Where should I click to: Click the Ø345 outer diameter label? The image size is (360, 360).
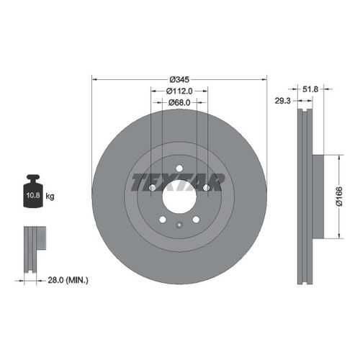click(x=179, y=79)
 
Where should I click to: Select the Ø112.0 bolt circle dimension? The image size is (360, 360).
click(x=179, y=91)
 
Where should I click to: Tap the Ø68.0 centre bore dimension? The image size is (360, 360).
click(x=179, y=102)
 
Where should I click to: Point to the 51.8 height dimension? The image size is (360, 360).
click(x=310, y=89)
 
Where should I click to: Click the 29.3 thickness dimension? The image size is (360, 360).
click(x=282, y=101)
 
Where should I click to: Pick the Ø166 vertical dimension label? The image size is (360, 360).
click(x=339, y=197)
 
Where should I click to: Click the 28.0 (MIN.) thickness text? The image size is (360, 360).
click(x=68, y=280)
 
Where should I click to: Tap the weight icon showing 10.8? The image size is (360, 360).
click(x=33, y=192)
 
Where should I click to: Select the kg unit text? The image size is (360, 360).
click(x=50, y=197)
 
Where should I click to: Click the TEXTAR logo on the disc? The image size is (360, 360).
click(x=178, y=182)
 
